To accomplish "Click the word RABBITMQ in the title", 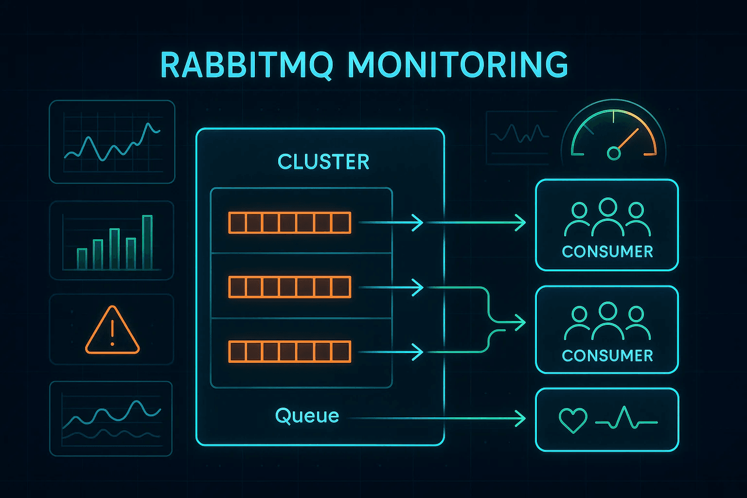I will click(x=246, y=65).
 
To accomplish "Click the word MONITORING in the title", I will click(x=458, y=65).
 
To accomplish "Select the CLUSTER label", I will click(x=323, y=162).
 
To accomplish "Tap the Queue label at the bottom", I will click(x=307, y=416).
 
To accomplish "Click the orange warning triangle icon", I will click(x=112, y=331).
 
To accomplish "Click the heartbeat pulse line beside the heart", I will click(x=626, y=419).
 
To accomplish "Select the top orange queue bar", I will click(x=289, y=223).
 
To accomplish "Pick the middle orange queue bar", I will click(x=289, y=287).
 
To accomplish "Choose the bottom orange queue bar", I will click(x=289, y=352).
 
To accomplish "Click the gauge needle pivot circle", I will click(x=614, y=154).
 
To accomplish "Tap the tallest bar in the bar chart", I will click(x=147, y=242).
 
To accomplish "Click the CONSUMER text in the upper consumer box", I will click(x=607, y=251).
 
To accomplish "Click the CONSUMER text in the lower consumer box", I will click(x=607, y=356).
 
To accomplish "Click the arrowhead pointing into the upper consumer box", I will click(x=520, y=223).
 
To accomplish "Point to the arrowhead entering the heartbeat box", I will click(x=520, y=418).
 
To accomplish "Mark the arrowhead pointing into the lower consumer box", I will click(x=520, y=322).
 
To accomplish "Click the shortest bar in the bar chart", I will click(x=82, y=259).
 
